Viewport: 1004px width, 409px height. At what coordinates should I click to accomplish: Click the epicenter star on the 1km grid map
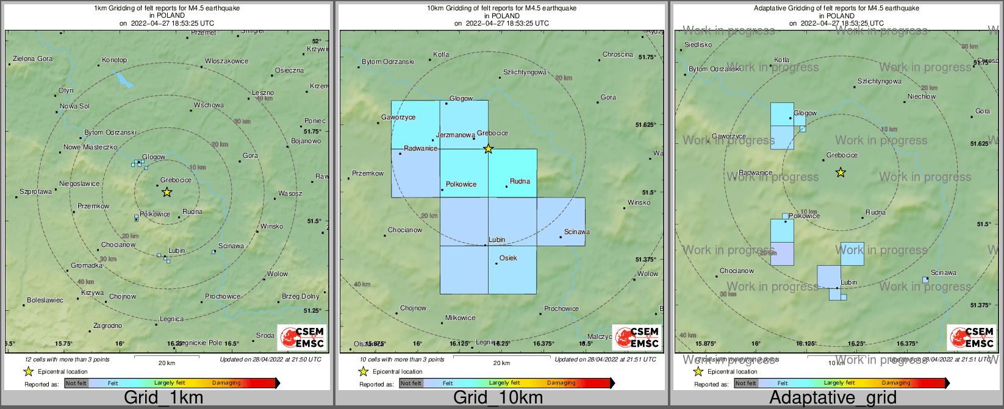pyautogui.click(x=167, y=192)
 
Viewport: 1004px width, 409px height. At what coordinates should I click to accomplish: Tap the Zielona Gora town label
pyautogui.click(x=33, y=59)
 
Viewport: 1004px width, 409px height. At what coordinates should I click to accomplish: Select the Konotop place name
pyautogui.click(x=115, y=60)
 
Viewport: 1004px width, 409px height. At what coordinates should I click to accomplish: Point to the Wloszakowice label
pyautogui.click(x=226, y=62)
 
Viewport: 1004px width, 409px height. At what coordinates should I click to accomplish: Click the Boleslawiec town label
pyautogui.click(x=45, y=301)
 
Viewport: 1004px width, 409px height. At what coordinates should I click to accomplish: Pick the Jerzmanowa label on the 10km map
pyautogui.click(x=455, y=135)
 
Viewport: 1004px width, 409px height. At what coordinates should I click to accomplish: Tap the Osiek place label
pyautogui.click(x=508, y=258)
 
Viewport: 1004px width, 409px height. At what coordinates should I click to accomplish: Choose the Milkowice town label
pyautogui.click(x=460, y=318)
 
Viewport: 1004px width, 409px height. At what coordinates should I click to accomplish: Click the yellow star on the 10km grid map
pyautogui.click(x=488, y=149)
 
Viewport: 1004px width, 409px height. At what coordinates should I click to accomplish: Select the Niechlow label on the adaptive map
pyautogui.click(x=921, y=97)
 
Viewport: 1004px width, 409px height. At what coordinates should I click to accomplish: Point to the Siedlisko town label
pyautogui.click(x=698, y=45)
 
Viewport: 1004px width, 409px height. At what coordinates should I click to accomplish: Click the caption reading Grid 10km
pyautogui.click(x=498, y=398)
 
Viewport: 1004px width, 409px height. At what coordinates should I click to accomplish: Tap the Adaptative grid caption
pyautogui.click(x=833, y=398)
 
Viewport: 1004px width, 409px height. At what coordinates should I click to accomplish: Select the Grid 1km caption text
pyautogui.click(x=163, y=398)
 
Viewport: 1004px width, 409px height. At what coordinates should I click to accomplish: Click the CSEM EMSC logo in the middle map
pyautogui.click(x=637, y=338)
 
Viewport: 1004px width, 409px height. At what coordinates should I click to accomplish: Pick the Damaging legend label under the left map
pyautogui.click(x=226, y=383)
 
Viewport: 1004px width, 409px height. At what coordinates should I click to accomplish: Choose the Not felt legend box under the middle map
pyautogui.click(x=411, y=383)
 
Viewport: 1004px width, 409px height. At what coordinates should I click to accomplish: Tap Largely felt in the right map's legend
pyautogui.click(x=839, y=383)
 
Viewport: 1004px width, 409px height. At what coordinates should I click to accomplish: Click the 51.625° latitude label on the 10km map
pyautogui.click(x=645, y=125)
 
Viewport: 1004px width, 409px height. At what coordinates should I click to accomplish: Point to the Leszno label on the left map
pyautogui.click(x=263, y=93)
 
